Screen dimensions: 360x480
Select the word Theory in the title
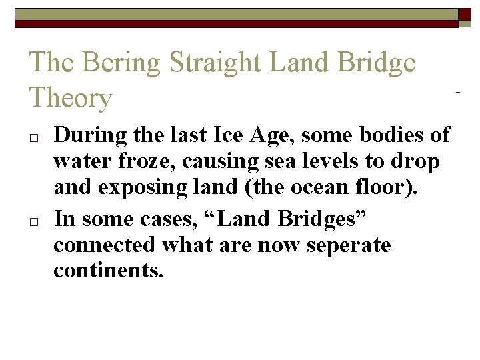coord(71,99)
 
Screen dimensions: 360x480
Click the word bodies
coord(394,135)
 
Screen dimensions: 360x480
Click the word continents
coord(107,271)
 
